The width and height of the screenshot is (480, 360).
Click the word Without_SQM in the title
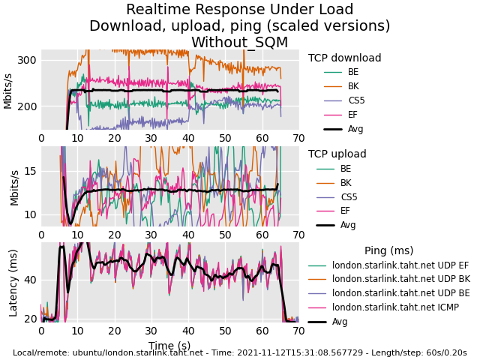click(x=239, y=43)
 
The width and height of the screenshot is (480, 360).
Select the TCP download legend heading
click(x=344, y=58)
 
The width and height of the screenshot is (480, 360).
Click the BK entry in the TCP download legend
click(x=353, y=86)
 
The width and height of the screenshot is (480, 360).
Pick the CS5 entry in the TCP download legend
click(x=356, y=100)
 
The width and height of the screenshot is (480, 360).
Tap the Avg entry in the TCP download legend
click(x=355, y=129)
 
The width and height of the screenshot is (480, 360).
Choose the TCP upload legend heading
click(x=337, y=154)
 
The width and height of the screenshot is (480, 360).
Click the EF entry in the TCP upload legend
click(x=345, y=211)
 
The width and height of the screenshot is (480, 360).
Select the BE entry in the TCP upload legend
click(x=346, y=169)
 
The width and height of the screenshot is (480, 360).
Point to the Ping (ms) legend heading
click(x=388, y=250)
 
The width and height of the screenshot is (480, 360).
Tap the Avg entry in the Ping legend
click(x=340, y=322)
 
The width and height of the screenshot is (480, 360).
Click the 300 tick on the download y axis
click(x=27, y=60)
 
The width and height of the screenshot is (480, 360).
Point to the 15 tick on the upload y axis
click(x=30, y=171)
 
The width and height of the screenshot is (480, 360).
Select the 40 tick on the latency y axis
click(x=30, y=280)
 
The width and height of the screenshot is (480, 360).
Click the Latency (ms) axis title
click(x=13, y=282)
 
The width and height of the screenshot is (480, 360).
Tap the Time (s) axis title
click(x=169, y=345)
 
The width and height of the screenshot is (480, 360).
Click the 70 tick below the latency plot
click(x=298, y=331)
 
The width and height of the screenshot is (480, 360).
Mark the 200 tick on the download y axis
click(x=27, y=106)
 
